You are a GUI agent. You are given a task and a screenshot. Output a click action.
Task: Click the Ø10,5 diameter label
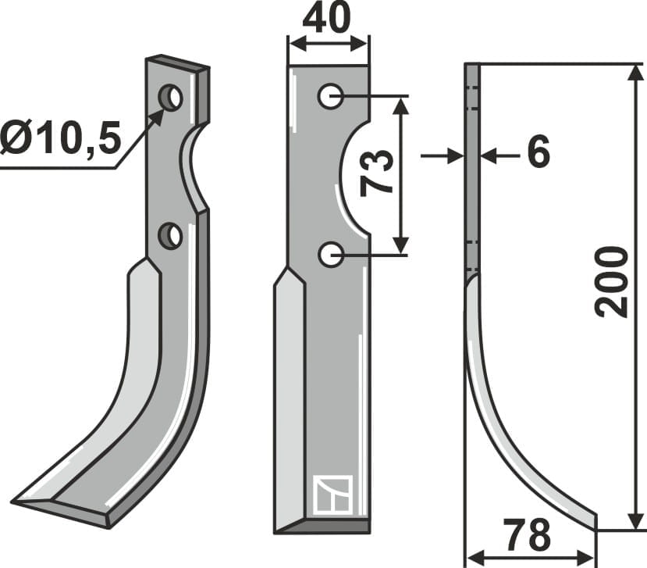(61, 139)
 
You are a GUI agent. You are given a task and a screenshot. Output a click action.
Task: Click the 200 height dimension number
(611, 281)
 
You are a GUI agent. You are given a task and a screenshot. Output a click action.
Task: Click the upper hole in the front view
(331, 97)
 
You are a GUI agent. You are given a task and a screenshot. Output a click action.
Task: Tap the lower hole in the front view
(331, 253)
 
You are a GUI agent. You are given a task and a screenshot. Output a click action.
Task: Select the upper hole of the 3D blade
(171, 98)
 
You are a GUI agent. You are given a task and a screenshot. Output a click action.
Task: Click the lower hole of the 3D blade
(170, 235)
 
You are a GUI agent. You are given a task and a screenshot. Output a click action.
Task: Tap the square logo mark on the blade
(332, 495)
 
